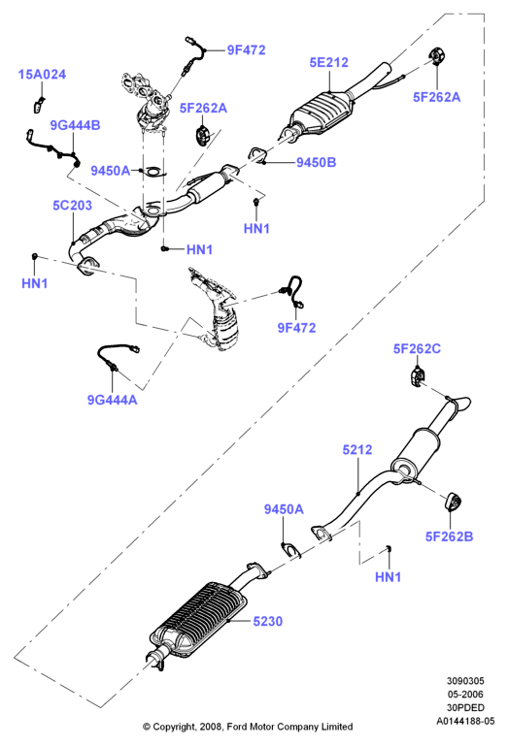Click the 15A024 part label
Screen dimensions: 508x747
tap(42, 75)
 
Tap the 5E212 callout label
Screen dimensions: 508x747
tap(328, 62)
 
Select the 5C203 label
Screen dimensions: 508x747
tap(72, 206)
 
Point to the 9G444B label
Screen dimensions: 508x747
tap(75, 125)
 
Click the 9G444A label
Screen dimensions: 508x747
tap(112, 400)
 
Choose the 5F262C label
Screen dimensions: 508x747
tap(417, 348)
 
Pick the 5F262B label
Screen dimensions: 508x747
tap(450, 536)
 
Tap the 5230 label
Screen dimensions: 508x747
tap(267, 621)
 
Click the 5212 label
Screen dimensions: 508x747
tap(357, 450)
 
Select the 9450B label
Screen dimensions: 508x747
tap(317, 162)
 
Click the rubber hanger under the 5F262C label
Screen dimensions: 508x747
tap(418, 376)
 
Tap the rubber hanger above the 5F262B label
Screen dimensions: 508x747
tap(454, 503)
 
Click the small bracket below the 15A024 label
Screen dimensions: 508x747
tap(39, 106)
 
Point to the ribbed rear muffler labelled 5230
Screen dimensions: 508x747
tap(198, 619)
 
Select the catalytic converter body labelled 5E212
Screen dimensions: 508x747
tap(322, 113)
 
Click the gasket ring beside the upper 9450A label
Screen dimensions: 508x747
tap(154, 171)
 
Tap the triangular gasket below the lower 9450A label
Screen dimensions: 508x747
tap(291, 550)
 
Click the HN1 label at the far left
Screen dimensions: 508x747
tap(35, 283)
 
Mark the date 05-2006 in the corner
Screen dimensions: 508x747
tap(465, 694)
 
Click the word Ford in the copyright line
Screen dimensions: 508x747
tap(237, 727)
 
